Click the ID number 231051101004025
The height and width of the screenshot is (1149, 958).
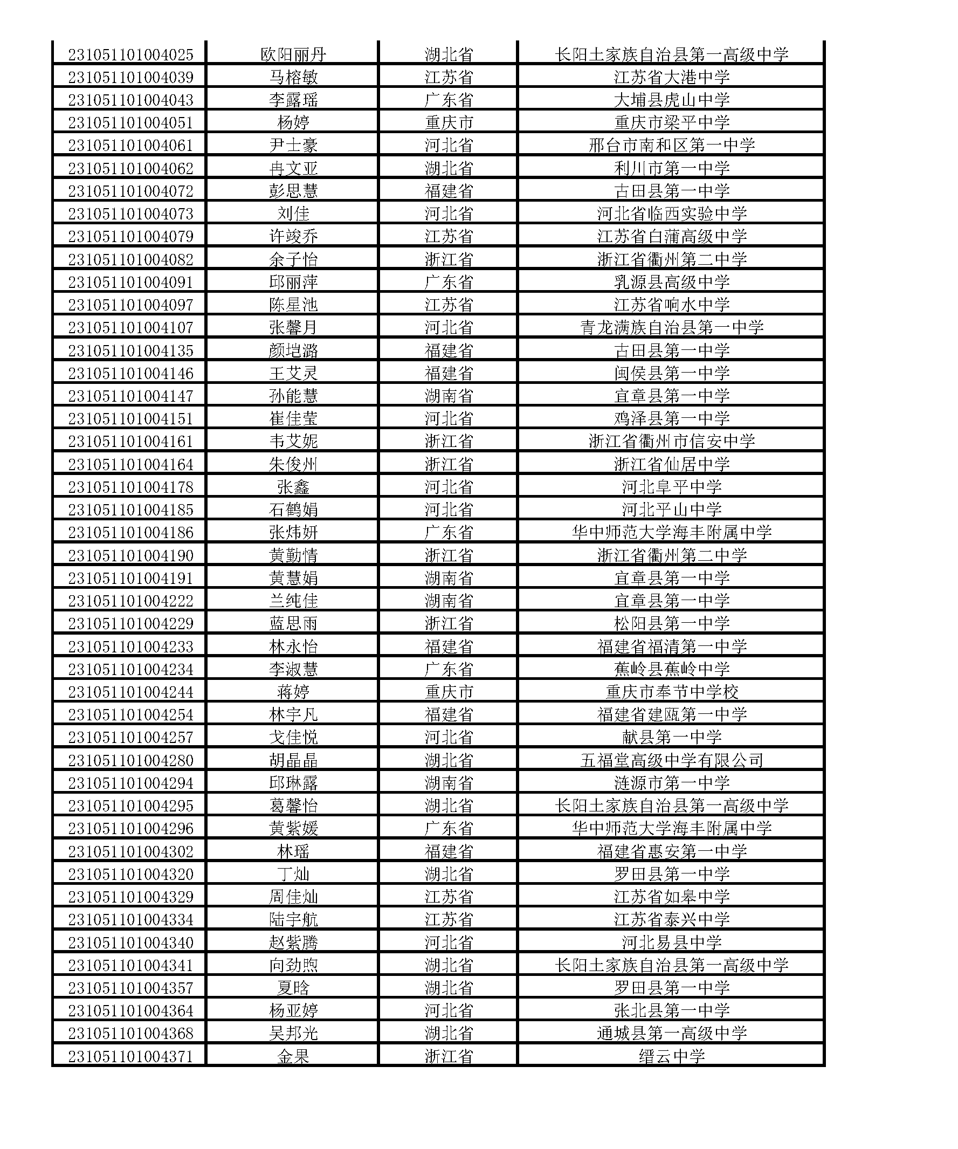(131, 54)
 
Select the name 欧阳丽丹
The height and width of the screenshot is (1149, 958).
(293, 54)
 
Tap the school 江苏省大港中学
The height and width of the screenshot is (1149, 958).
(671, 77)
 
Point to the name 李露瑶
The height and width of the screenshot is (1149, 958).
(293, 100)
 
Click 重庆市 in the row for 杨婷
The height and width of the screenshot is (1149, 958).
(449, 122)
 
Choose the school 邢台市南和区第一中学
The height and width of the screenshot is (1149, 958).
(671, 146)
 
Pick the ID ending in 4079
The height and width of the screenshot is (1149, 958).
(131, 236)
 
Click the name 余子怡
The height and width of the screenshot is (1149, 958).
(293, 259)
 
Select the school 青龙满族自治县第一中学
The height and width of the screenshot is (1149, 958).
(671, 328)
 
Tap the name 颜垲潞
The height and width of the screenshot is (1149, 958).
(293, 350)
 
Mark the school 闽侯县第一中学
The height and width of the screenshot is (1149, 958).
(671, 373)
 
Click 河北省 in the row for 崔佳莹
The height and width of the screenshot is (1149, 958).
(449, 418)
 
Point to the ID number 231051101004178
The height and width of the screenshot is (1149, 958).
(131, 487)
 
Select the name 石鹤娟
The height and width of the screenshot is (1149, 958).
(293, 510)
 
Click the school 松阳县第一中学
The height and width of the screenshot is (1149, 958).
(671, 623)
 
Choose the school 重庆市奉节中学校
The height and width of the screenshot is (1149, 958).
(671, 692)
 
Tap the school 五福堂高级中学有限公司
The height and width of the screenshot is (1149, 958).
(671, 760)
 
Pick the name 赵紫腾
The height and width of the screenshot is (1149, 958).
(293, 942)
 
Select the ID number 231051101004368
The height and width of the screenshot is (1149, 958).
(131, 1033)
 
